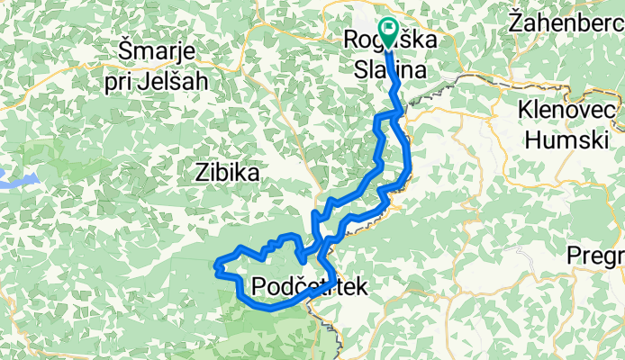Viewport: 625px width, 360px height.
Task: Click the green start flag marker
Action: (389, 31)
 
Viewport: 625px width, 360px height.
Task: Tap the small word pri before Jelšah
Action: (115, 81)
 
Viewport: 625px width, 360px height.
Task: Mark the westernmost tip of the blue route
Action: (216, 264)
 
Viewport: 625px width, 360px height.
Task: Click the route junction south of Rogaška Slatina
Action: (397, 112)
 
